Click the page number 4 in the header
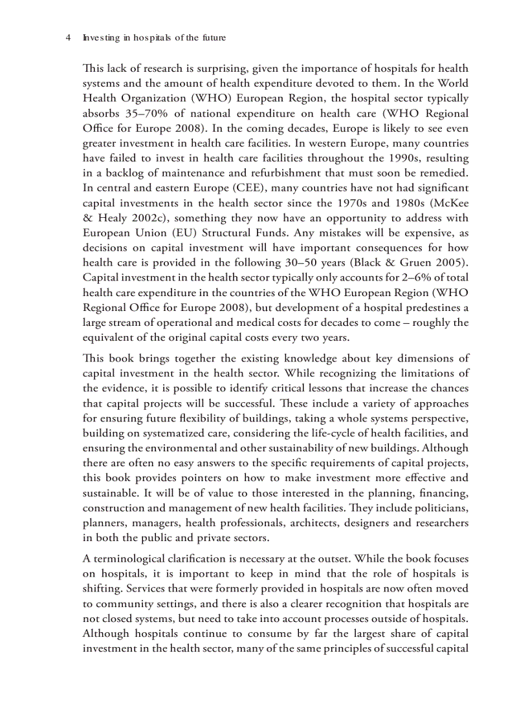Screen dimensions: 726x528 coord(68,38)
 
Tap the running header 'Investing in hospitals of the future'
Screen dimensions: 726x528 coord(154,38)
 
